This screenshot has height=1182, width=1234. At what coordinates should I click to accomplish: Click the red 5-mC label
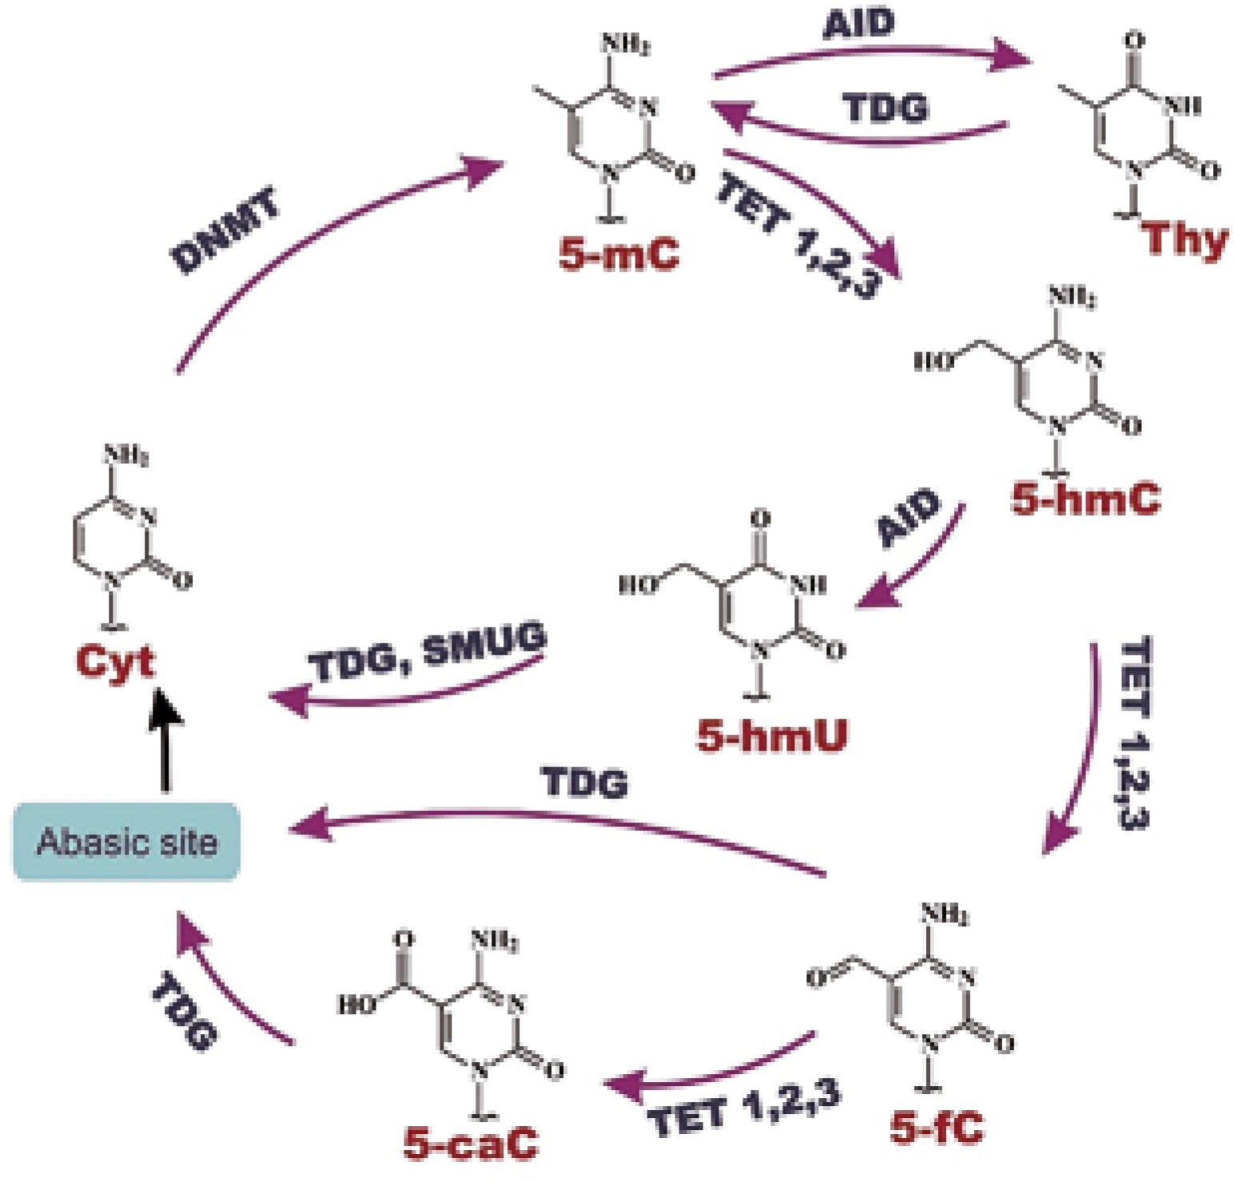pyautogui.click(x=619, y=255)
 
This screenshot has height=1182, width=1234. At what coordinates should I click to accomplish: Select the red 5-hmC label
pyautogui.click(x=1085, y=499)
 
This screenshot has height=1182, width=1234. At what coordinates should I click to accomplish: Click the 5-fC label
pyautogui.click(x=937, y=1128)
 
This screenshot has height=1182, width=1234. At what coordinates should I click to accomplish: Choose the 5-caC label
pyautogui.click(x=471, y=1143)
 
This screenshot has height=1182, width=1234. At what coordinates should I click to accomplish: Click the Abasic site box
pyautogui.click(x=126, y=842)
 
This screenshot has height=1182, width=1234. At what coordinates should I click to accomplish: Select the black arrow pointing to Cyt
pyautogui.click(x=165, y=739)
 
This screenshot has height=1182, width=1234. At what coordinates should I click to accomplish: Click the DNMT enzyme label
pyautogui.click(x=226, y=231)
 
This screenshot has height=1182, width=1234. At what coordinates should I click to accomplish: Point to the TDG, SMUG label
pyautogui.click(x=428, y=654)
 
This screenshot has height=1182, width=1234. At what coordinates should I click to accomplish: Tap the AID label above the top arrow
pyautogui.click(x=859, y=24)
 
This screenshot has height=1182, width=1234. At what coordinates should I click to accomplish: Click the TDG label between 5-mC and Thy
pyautogui.click(x=886, y=108)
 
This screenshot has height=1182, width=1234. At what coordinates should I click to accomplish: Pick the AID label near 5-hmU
pyautogui.click(x=909, y=518)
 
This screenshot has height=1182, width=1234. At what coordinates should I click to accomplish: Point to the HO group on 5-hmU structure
pyautogui.click(x=639, y=585)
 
